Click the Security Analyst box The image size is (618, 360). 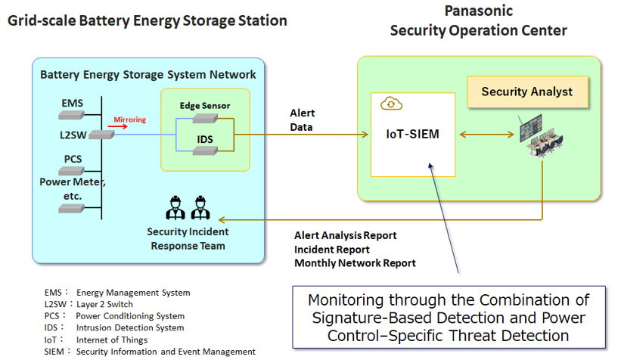pos(526,92)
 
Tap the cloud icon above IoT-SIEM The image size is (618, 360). pos(390,104)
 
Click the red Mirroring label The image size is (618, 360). pos(129,119)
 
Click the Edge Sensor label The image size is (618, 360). pos(204,105)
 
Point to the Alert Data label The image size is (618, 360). pos(303,120)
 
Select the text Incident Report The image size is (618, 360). pos(331,249)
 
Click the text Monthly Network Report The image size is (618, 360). pos(355,262)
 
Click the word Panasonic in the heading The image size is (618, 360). pos(478,11)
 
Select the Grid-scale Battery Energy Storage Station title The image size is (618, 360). pos(148,20)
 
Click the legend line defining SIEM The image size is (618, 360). pos(150,352)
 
